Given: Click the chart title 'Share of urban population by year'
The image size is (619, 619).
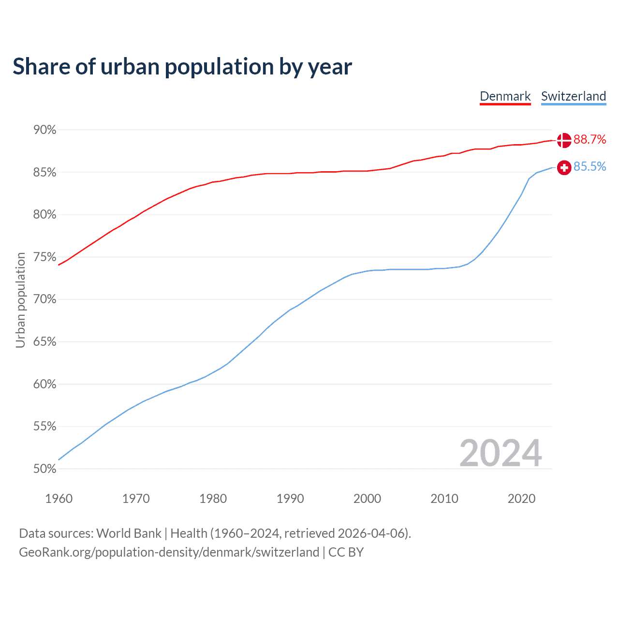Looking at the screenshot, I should (x=182, y=67).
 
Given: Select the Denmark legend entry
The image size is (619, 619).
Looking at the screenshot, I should (x=505, y=96).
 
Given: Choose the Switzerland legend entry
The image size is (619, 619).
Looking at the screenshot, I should (x=573, y=96).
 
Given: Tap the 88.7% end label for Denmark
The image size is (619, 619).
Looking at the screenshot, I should (x=590, y=140).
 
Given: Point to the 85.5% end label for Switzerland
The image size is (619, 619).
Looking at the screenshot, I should (x=590, y=167).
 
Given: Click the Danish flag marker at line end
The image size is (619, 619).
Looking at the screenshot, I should (x=564, y=140).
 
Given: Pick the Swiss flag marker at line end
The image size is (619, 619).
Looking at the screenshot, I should (x=564, y=167).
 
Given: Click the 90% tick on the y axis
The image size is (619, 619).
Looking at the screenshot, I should (x=44, y=130).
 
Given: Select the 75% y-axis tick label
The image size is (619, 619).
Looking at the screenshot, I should (x=44, y=257).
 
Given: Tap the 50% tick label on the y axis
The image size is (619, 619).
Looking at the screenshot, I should (x=44, y=469).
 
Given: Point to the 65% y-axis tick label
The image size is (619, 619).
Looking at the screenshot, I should (x=44, y=342).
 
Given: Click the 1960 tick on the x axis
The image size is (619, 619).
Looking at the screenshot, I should (x=59, y=499).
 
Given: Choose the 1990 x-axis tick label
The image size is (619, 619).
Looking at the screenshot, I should (x=290, y=499).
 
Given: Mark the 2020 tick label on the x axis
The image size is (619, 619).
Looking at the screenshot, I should (x=521, y=499).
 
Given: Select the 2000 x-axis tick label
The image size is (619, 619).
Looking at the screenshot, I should (x=367, y=499).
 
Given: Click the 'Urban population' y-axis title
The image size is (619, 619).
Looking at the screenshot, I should (x=20, y=300).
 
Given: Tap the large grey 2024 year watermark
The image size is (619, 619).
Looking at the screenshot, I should (x=500, y=454).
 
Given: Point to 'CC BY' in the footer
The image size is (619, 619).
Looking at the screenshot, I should (x=346, y=552).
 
